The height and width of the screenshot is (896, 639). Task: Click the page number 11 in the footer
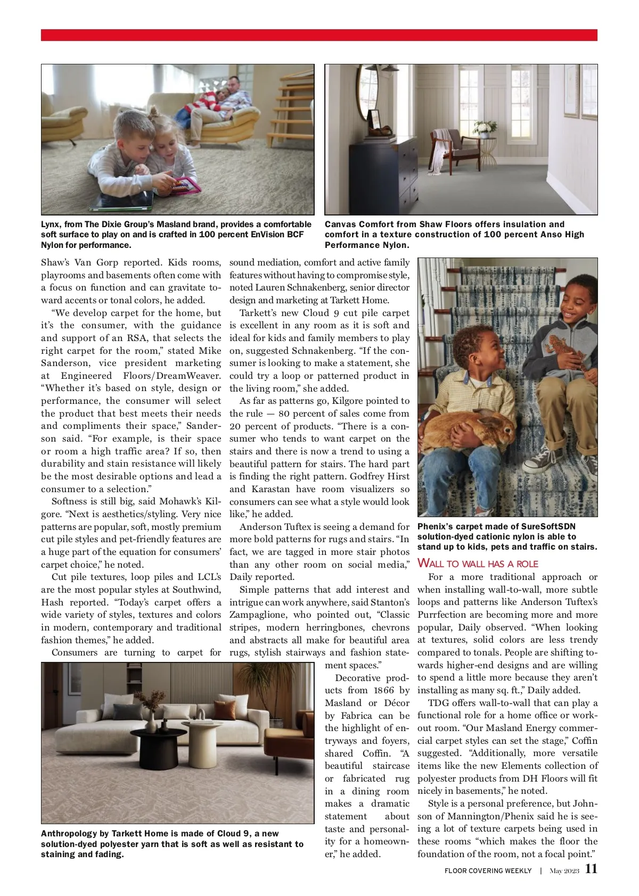(x=591, y=869)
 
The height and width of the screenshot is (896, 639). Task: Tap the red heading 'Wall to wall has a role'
(x=478, y=563)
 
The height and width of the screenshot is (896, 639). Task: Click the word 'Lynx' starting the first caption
(x=51, y=225)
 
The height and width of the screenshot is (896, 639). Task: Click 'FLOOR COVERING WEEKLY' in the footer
(x=488, y=871)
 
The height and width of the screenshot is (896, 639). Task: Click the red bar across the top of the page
(x=319, y=35)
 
